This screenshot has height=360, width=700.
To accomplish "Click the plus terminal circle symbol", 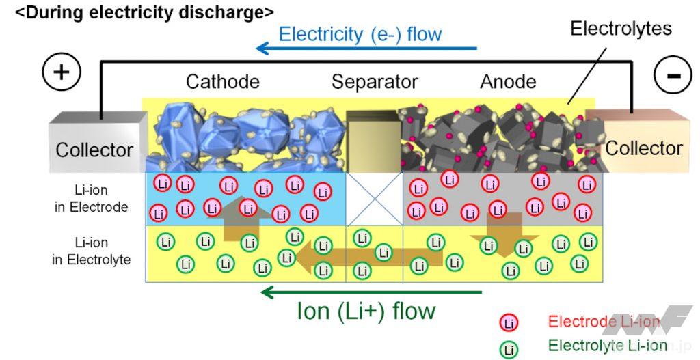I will [62, 72].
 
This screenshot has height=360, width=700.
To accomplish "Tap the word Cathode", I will [223, 82].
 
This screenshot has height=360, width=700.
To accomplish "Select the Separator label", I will [375, 82].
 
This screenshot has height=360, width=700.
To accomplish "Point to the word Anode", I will [508, 82].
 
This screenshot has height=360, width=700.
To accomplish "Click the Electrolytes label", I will [621, 29].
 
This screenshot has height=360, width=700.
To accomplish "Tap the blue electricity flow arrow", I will [366, 49].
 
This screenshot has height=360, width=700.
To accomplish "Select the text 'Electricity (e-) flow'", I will [360, 33].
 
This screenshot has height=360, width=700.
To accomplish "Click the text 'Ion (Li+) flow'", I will [366, 311].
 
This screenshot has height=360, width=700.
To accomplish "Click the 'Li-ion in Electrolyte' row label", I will [92, 251].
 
